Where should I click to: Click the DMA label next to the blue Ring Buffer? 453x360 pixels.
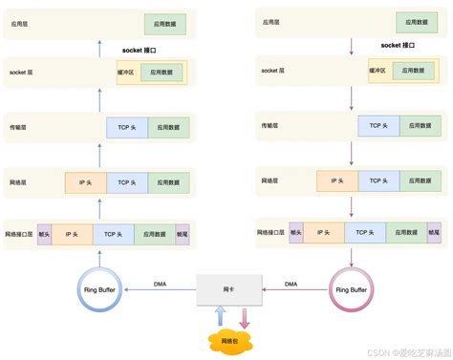(162, 284)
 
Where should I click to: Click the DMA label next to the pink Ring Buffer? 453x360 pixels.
(291, 284)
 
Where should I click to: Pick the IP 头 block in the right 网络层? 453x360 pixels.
(338, 180)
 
